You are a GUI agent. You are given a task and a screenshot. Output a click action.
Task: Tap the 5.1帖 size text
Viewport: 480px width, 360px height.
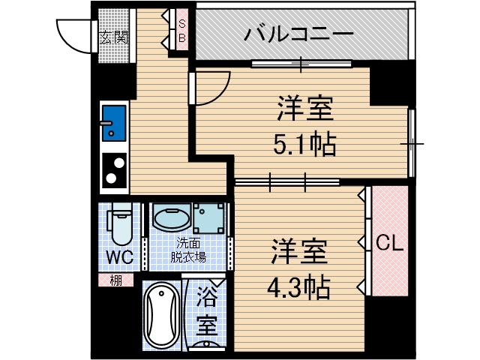pos(304,142)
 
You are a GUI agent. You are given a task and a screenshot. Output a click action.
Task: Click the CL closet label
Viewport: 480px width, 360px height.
pos(390,242)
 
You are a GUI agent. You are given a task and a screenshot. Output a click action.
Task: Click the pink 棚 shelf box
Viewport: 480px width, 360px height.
pos(115,281)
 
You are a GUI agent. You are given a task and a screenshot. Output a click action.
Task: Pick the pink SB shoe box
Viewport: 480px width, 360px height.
pos(182,29)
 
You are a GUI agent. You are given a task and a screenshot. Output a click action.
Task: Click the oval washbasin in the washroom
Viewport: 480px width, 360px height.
pos(170,218)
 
